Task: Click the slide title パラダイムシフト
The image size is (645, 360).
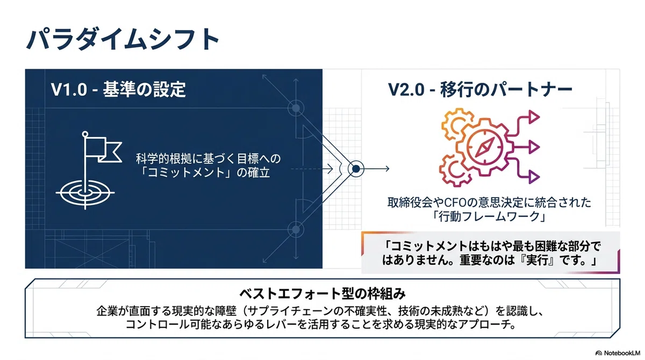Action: point(123,39)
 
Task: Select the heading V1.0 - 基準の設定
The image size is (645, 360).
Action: point(118,89)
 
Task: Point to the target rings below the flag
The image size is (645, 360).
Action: point(85,192)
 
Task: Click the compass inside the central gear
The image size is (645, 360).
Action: point(485,147)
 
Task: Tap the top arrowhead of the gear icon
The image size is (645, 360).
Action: point(534,117)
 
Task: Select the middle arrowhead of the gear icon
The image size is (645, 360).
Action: point(534,147)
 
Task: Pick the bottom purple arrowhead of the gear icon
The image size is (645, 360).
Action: point(534,177)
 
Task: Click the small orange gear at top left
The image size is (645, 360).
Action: point(456,122)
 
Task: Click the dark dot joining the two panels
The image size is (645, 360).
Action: point(356,169)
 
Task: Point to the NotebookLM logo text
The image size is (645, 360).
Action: point(622,353)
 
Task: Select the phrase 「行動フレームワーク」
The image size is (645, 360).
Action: point(489,217)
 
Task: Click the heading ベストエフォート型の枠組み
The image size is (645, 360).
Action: point(322,294)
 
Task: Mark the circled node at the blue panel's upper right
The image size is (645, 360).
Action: point(296,108)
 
